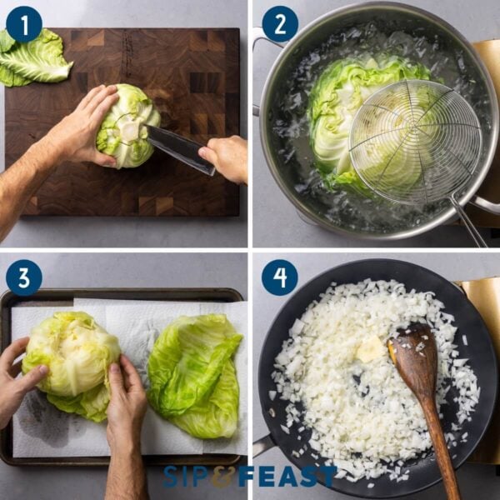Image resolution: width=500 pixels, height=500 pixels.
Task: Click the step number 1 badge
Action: coord(23,24)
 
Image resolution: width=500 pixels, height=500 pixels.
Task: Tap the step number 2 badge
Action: coord(279,24)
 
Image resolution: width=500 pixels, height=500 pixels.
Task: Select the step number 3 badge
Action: coord(23,277)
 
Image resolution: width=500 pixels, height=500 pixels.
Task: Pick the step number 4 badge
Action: coord(279,277)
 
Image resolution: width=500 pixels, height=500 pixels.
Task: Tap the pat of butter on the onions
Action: coord(370,349)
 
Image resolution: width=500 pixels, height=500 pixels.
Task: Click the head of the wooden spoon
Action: coord(413,359)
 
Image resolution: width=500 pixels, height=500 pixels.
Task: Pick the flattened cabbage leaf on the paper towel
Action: coord(195,374)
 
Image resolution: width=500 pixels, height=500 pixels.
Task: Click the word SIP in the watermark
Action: coord(188,477)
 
